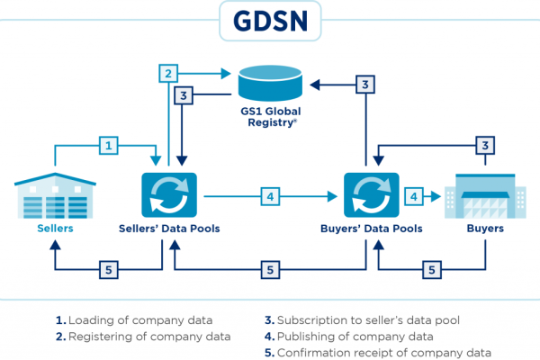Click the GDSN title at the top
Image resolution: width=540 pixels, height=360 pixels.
tap(269, 21)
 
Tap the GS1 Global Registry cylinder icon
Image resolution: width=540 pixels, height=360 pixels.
tap(270, 84)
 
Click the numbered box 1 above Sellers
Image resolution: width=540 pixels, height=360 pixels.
tap(108, 144)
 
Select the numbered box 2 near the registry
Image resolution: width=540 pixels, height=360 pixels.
tap(167, 73)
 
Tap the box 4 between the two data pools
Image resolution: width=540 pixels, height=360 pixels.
tap(269, 194)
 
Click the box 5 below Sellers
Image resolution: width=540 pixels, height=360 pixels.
tap(108, 268)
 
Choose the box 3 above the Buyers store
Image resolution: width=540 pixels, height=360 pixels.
tap(485, 144)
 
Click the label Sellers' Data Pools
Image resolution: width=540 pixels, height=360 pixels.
tap(168, 229)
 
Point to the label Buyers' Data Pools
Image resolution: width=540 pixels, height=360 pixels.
tap(372, 229)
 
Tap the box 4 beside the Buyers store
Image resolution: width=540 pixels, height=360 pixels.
tap(413, 194)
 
